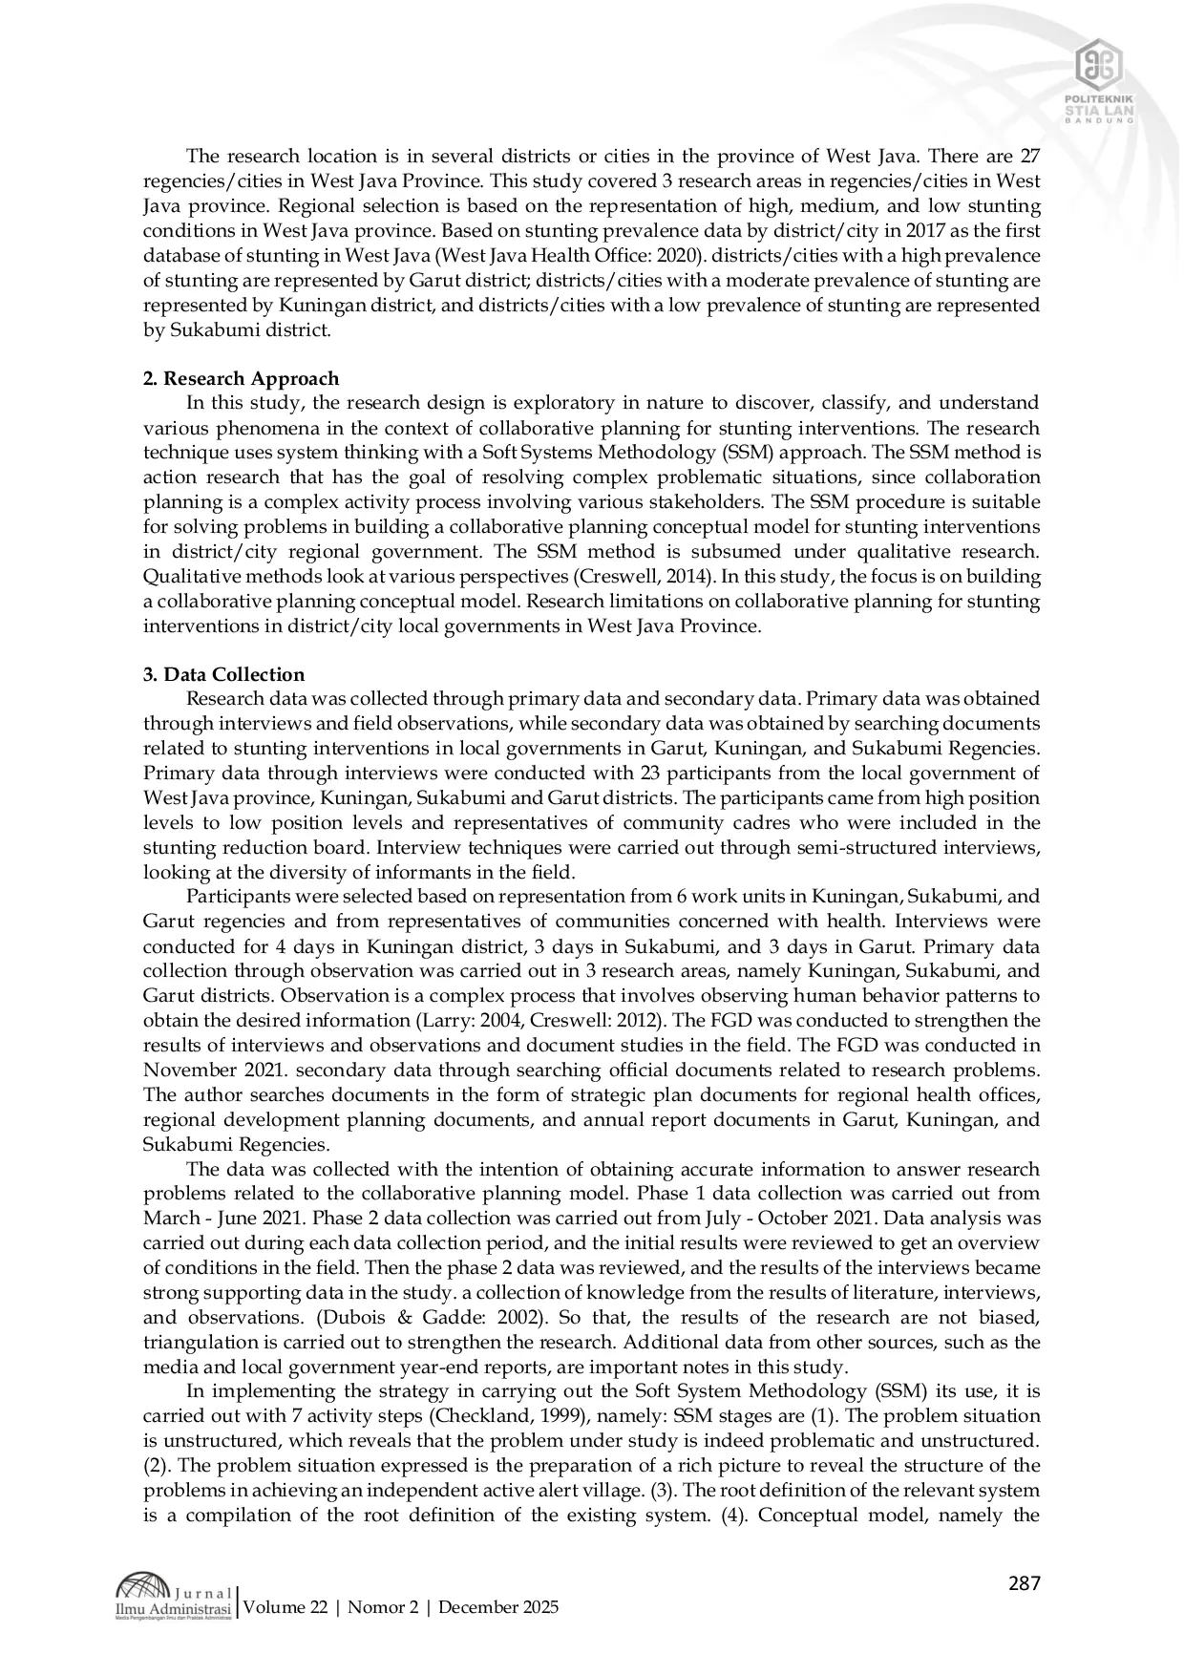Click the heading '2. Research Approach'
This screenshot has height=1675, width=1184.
[x=241, y=378]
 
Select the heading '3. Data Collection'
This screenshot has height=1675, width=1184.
[x=224, y=674]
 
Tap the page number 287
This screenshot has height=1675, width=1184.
[x=1024, y=1583]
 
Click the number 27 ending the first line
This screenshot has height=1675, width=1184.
[x=1029, y=156]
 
